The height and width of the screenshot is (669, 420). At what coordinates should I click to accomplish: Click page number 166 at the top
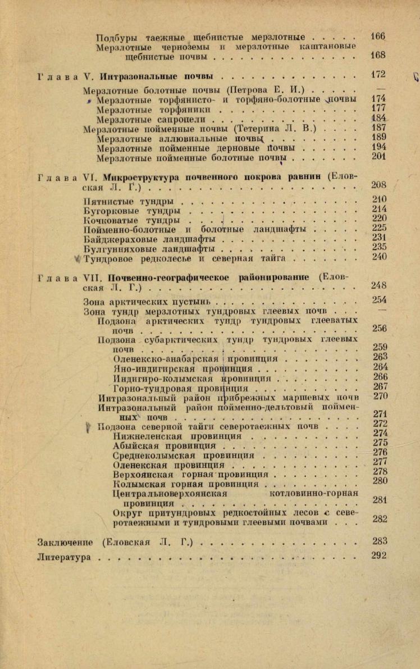(378, 37)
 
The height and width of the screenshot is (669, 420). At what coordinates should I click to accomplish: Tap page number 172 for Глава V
(378, 74)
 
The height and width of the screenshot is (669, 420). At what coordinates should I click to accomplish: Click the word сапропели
(188, 119)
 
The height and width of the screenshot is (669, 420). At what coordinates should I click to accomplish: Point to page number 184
(379, 119)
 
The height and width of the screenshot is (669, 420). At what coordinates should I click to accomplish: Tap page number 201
(379, 157)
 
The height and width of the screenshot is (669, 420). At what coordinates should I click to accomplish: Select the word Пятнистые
(106, 201)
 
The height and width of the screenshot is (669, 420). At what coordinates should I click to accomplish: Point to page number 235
(379, 247)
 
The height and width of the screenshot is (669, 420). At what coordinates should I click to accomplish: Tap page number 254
(379, 300)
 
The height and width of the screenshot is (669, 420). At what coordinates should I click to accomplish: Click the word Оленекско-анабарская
(166, 358)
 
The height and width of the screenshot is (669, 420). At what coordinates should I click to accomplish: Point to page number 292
(379, 556)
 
